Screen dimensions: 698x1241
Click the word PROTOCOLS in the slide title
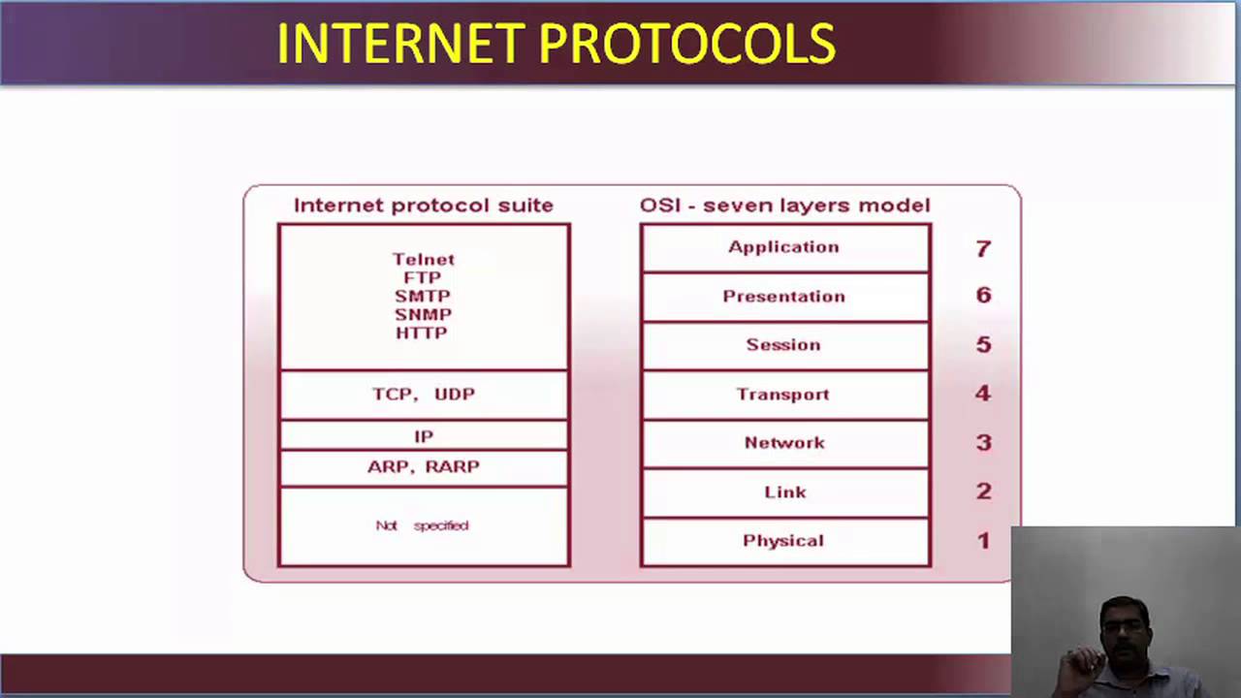coord(686,44)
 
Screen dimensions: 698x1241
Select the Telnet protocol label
coord(423,259)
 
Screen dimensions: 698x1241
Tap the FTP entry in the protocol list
coord(423,277)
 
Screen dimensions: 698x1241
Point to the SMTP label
coord(423,296)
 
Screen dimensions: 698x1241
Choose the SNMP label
coord(423,314)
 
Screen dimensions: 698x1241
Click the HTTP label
coord(422,333)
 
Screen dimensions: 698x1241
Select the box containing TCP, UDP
coord(424,395)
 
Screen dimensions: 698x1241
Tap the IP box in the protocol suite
coord(424,436)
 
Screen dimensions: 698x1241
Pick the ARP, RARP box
coord(424,467)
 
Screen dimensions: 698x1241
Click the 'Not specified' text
coord(422,525)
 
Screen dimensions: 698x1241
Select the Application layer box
coord(784,247)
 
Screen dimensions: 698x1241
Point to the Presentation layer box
coord(784,297)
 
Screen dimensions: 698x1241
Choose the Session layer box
coord(784,345)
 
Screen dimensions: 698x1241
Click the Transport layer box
coord(784,395)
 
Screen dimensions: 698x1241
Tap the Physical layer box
coord(784,541)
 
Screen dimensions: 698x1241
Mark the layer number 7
coord(983,249)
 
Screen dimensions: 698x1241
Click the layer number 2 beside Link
coord(983,492)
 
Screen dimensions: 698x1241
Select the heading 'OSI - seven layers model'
coord(784,206)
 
